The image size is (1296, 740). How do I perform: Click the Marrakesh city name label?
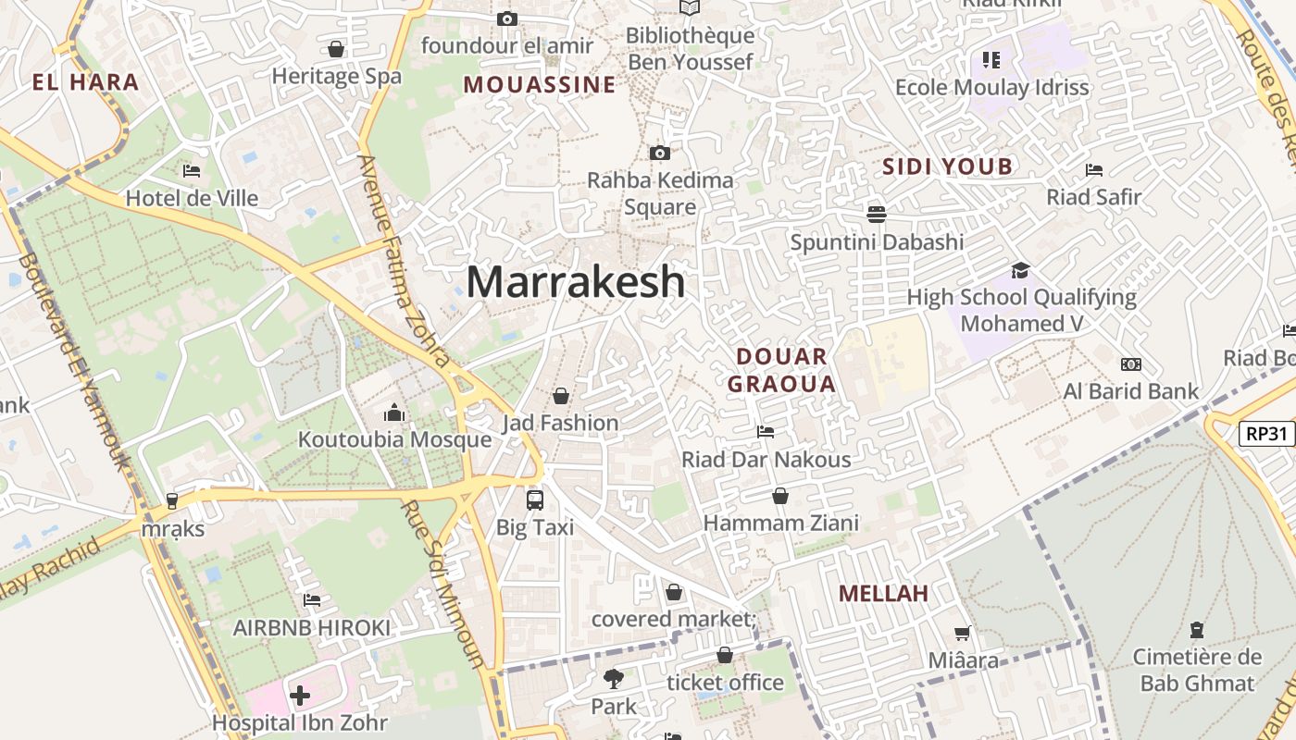pyautogui.click(x=575, y=281)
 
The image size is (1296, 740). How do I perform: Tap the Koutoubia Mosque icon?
pyautogui.click(x=394, y=413)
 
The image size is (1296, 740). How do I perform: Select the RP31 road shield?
pyautogui.click(x=1265, y=433)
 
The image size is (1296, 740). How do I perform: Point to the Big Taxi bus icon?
pyautogui.click(x=535, y=500)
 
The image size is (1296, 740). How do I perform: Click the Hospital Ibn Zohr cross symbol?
pyautogui.click(x=300, y=695)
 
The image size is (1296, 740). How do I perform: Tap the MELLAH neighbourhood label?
pyautogui.click(x=883, y=594)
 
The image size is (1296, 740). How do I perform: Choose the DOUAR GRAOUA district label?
pyautogui.click(x=781, y=370)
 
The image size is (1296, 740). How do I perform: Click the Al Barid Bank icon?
pyautogui.click(x=1130, y=364)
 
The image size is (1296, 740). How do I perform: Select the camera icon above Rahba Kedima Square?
pyautogui.click(x=660, y=154)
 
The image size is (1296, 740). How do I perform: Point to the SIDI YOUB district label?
pyautogui.click(x=947, y=167)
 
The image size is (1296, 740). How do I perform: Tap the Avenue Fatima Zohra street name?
pyautogui.click(x=404, y=260)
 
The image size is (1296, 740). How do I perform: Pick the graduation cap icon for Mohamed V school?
pyautogui.click(x=1020, y=270)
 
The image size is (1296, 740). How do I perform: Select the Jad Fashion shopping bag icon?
pyautogui.click(x=560, y=396)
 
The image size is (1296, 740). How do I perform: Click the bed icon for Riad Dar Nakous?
pyautogui.click(x=766, y=432)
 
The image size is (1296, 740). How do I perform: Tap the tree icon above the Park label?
pyautogui.click(x=613, y=679)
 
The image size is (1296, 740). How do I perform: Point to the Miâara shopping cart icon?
pyautogui.click(x=963, y=634)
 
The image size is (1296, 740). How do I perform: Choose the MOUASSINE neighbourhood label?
pyautogui.click(x=540, y=85)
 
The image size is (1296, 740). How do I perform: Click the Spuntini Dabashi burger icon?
pyautogui.click(x=876, y=215)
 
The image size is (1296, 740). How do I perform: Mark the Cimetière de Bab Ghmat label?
pyautogui.click(x=1197, y=671)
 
